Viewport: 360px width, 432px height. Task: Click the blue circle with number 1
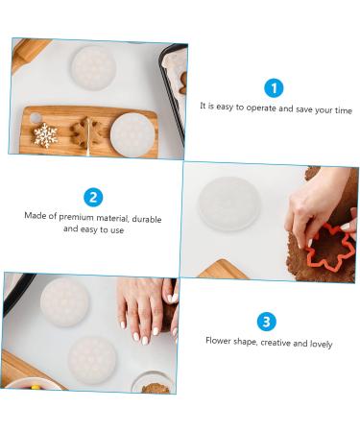[x=274, y=87]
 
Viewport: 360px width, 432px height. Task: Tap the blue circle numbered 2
[x=93, y=198]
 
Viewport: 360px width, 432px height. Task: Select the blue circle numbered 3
[x=268, y=322]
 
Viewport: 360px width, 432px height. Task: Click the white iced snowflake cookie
[x=45, y=134]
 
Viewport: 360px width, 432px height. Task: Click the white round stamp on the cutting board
[x=132, y=133]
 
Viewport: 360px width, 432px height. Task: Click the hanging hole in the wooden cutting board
[x=35, y=118]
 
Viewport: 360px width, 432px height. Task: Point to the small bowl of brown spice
[x=155, y=386]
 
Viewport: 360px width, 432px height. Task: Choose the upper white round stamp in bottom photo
[x=64, y=300]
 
